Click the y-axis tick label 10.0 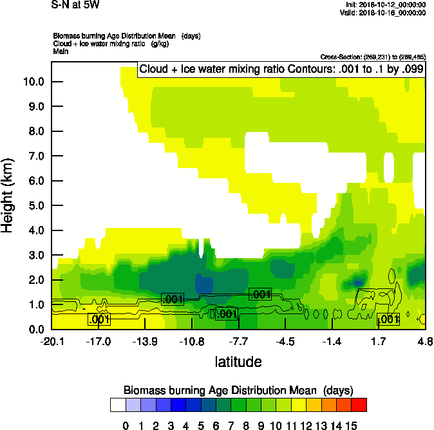click(x=33, y=82)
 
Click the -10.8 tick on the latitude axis click(x=192, y=341)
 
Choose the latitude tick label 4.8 click(x=424, y=341)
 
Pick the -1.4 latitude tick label click(x=332, y=341)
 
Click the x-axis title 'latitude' click(x=238, y=362)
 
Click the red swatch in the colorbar click(x=359, y=405)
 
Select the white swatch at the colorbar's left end click(x=117, y=405)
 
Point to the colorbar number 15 click(x=352, y=425)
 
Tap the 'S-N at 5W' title click(x=75, y=5)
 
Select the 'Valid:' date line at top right click(x=384, y=12)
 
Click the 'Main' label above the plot click(x=61, y=50)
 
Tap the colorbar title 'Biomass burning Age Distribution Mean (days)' click(x=238, y=390)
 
